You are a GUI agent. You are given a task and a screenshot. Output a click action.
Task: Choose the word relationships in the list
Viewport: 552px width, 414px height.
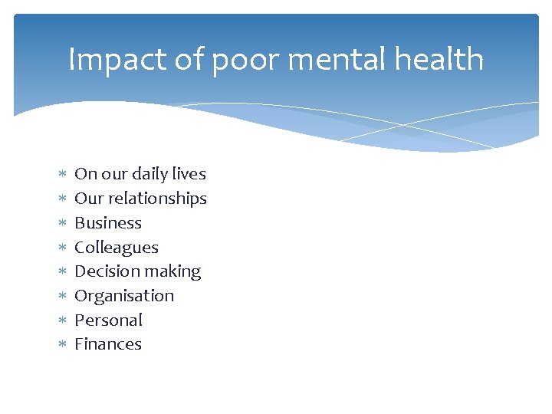click(x=157, y=199)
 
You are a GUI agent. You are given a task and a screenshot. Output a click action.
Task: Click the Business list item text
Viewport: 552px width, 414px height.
click(x=108, y=223)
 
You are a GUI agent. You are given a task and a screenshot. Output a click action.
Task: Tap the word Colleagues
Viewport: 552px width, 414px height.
click(x=117, y=248)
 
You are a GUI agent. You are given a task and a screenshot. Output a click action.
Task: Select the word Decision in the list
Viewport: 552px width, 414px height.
click(x=103, y=271)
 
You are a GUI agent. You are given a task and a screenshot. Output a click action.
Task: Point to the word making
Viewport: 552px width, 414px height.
click(x=169, y=272)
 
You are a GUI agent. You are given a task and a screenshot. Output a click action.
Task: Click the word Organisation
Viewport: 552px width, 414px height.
click(x=124, y=296)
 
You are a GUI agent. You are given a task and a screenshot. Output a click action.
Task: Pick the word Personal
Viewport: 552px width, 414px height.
click(x=108, y=320)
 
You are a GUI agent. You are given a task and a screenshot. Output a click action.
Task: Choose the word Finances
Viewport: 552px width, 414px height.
click(x=108, y=344)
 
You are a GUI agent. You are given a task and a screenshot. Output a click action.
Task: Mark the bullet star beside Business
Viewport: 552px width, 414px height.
click(x=63, y=223)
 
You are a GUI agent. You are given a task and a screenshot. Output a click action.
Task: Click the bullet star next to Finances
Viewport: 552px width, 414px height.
click(x=63, y=344)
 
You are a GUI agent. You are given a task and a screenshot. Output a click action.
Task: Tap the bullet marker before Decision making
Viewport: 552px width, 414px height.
click(x=63, y=271)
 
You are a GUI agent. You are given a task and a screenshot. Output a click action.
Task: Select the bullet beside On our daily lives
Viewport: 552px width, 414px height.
click(x=63, y=174)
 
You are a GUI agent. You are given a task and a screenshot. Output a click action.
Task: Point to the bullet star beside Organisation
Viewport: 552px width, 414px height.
click(x=63, y=296)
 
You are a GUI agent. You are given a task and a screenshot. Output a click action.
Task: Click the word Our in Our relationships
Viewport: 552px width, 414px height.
click(x=89, y=199)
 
